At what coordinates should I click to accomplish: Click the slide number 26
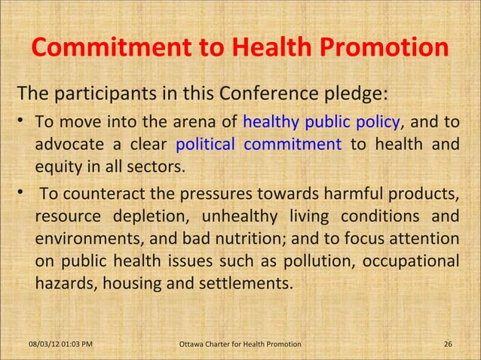[448, 345]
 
